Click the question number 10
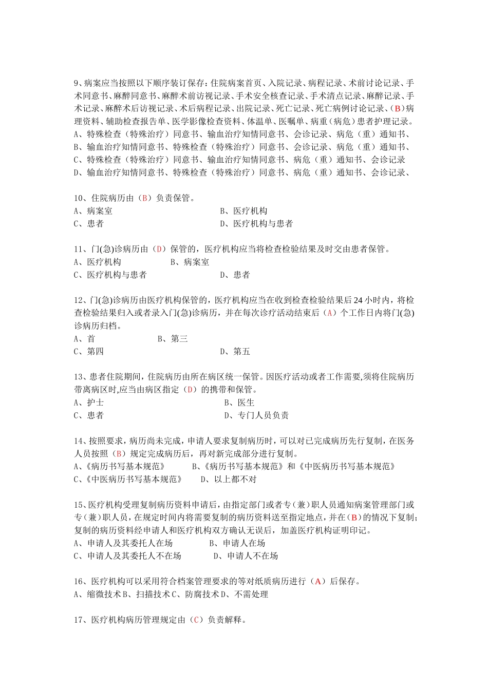tap(79, 198)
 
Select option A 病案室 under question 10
tap(93, 211)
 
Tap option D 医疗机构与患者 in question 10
tap(256, 224)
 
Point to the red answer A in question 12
tap(330, 313)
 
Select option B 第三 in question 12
tap(173, 339)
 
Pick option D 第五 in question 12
tap(235, 352)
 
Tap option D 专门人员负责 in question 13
tap(256, 415)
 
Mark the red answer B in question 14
tap(119, 453)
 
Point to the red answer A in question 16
tap(318, 581)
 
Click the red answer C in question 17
tap(195, 620)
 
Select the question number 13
tap(79, 377)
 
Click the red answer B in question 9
tap(397, 108)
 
